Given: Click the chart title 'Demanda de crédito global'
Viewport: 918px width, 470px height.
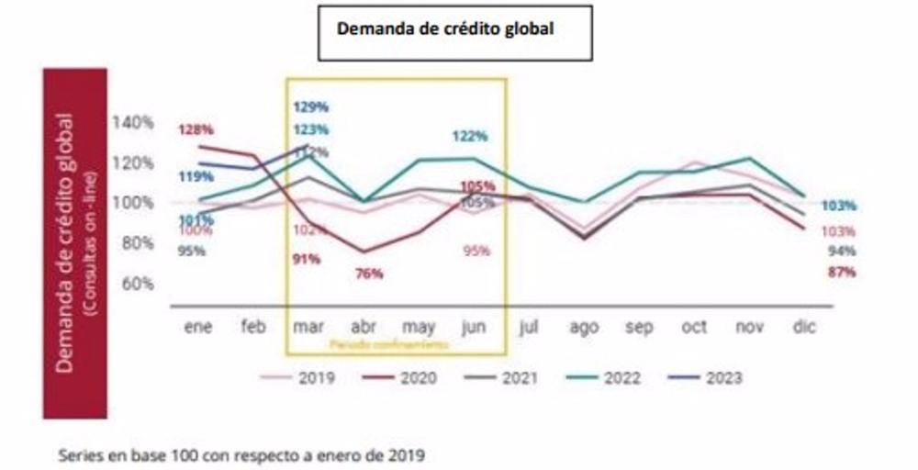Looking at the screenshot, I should (448, 28).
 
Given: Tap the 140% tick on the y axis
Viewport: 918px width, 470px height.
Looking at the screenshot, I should (132, 122).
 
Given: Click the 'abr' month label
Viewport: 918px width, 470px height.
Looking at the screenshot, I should (363, 326).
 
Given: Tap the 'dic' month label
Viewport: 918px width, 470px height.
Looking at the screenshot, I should (804, 326).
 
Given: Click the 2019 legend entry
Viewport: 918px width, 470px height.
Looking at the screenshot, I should (303, 377).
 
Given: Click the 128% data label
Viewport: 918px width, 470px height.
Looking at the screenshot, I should (196, 129).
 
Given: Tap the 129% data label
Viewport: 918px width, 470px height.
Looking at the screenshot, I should (310, 107).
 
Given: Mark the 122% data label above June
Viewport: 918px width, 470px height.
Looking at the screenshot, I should (469, 137).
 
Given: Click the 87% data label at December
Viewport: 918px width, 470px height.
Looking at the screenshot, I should (840, 272).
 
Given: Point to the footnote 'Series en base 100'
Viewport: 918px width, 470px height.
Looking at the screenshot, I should (242, 453).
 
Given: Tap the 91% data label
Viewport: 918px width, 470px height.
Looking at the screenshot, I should (306, 259).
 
